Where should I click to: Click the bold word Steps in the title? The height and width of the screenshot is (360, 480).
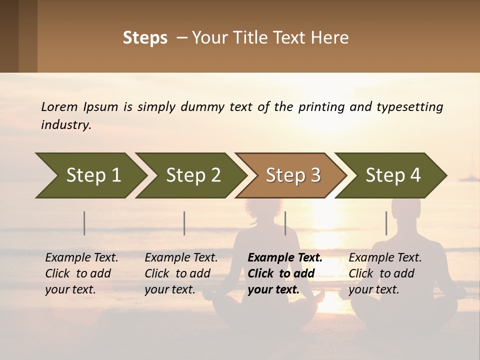(145, 38)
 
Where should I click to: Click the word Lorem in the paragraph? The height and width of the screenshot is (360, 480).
(59, 107)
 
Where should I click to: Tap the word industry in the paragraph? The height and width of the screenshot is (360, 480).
(66, 125)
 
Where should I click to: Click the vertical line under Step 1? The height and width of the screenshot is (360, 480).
(84, 223)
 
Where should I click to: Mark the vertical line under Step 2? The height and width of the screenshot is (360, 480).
(184, 223)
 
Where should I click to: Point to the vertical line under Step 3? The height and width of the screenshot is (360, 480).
(285, 223)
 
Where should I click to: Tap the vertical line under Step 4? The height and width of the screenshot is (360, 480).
(386, 223)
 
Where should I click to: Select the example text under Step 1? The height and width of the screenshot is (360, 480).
(81, 273)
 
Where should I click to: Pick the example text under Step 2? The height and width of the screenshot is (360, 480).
(181, 273)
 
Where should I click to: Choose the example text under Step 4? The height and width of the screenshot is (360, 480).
(385, 273)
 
